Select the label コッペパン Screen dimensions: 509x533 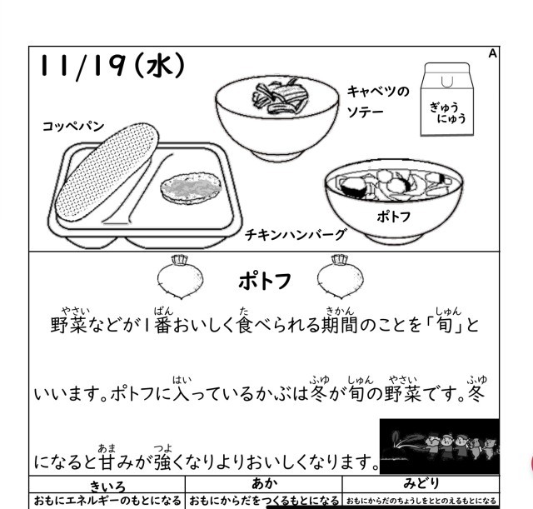coord(73,126)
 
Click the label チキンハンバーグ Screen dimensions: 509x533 coord(296,235)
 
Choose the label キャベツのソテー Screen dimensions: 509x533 coord(378,101)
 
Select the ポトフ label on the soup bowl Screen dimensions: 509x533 coord(393,216)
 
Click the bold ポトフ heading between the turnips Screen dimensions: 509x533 coord(264,282)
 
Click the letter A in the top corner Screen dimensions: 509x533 coord(492,53)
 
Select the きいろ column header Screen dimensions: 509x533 coord(107,485)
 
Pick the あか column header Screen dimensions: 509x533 coord(263,483)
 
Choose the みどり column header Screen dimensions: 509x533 coord(421,483)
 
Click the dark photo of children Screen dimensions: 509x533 coord(438,446)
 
